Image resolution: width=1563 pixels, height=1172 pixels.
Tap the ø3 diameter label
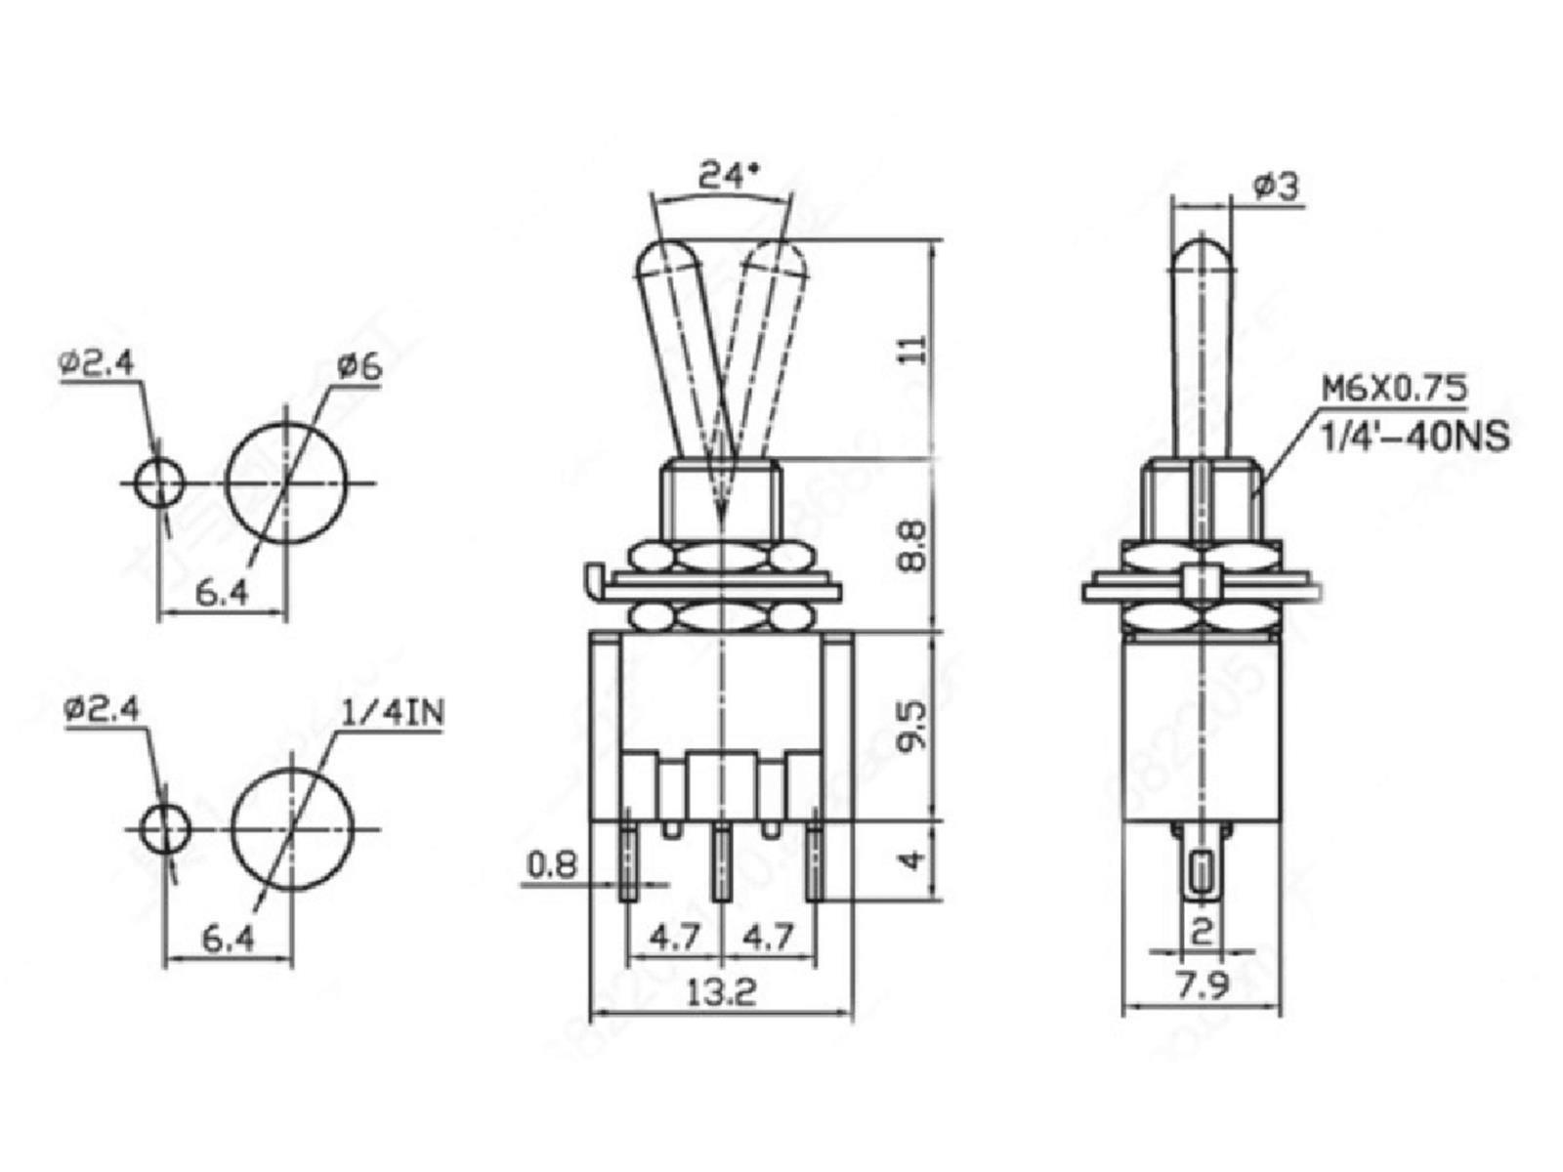tap(1276, 186)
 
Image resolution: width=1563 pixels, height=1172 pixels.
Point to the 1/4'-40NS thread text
tap(1415, 435)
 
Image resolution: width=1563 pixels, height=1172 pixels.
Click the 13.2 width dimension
tap(722, 993)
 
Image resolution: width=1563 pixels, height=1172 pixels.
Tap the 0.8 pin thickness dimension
tap(553, 864)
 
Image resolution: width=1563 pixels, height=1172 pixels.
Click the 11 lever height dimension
tap(910, 350)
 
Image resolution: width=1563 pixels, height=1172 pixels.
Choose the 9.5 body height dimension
tap(910, 727)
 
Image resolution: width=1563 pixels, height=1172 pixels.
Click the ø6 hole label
tap(359, 368)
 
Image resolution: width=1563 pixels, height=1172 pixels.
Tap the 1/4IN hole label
tap(393, 713)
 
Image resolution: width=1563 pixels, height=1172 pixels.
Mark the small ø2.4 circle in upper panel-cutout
tap(159, 482)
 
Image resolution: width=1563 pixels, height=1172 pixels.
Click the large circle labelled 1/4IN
tap(292, 829)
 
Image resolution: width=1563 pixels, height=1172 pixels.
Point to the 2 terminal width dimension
tap(1203, 929)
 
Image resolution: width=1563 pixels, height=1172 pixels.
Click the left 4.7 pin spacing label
tap(675, 939)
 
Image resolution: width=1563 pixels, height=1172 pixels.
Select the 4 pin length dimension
tap(910, 860)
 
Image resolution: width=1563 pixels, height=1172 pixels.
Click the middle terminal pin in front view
tap(722, 864)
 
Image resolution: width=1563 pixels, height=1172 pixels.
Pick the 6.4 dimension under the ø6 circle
tap(223, 592)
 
